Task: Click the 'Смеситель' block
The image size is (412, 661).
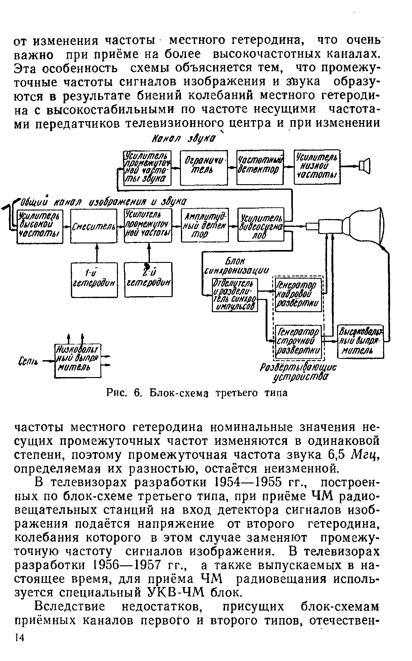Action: [x=94, y=226]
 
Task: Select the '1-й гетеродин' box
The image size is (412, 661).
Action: [x=94, y=280]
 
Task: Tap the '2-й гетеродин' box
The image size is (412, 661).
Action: [x=148, y=280]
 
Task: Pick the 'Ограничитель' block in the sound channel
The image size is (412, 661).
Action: [x=204, y=168]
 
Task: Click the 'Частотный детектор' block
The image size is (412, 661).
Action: [x=260, y=167]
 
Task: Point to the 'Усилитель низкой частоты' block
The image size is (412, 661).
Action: [x=317, y=167]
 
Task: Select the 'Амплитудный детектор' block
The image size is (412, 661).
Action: [x=205, y=225]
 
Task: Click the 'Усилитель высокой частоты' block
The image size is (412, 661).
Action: [x=40, y=226]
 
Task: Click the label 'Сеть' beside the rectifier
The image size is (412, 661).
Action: [x=30, y=363]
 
